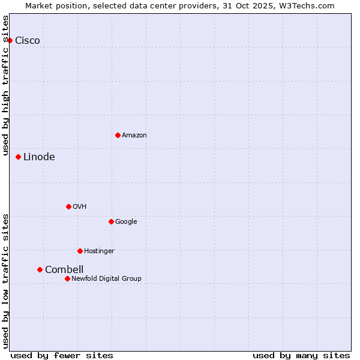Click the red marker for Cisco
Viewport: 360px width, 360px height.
10,40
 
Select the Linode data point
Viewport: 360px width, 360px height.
19,157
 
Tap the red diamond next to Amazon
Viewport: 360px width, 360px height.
118,135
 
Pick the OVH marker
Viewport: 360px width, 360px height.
68,206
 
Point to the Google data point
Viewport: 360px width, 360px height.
111,221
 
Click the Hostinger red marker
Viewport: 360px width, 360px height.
80,251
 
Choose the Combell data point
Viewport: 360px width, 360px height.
40,269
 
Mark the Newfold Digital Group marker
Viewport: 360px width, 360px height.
67,278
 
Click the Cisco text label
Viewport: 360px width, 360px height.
28,40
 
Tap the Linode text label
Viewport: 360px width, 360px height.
39,157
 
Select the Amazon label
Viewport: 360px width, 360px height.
134,135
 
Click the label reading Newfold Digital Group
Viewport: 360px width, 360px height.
106,278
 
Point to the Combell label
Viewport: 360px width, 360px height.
64,269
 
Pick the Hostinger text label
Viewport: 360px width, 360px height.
99,251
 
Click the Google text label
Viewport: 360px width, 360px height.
126,221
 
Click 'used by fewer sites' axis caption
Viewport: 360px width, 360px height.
62,355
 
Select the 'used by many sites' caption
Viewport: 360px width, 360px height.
301,355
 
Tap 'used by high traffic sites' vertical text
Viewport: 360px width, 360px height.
5,85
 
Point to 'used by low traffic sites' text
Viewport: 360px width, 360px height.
5,281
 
